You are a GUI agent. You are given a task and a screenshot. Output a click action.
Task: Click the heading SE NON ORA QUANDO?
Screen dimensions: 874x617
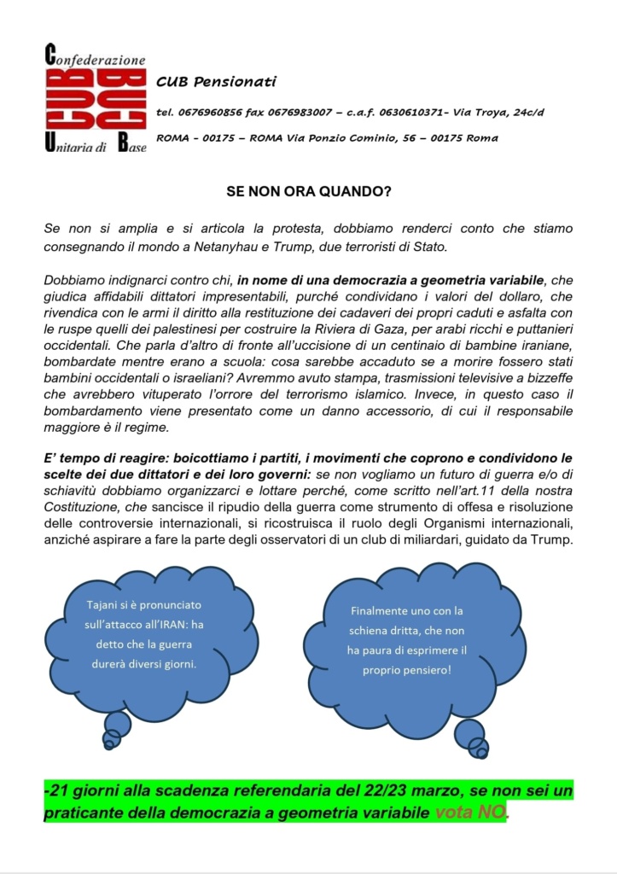pos(308,192)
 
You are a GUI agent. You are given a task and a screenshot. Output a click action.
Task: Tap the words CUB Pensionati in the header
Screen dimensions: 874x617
pos(216,81)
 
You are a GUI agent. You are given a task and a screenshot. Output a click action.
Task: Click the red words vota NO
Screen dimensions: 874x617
pos(470,813)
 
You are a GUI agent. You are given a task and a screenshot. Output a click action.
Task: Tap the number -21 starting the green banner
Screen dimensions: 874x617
pos(57,791)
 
